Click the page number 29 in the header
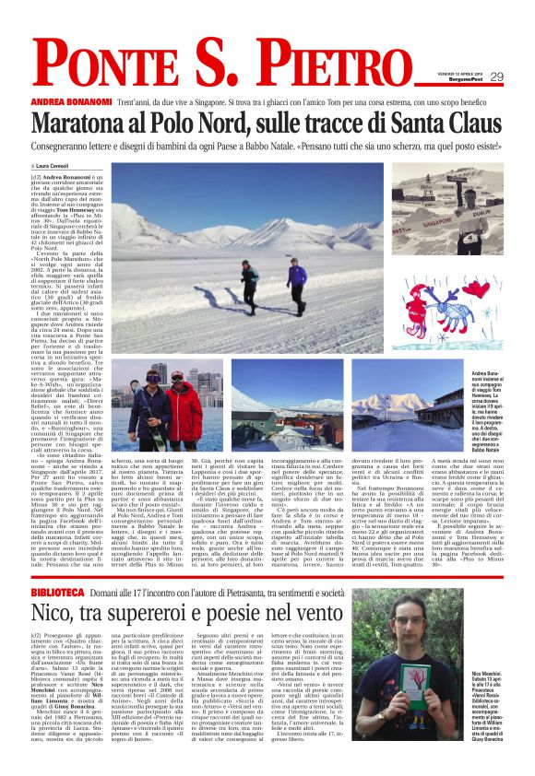point(496,77)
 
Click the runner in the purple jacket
point(296,275)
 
